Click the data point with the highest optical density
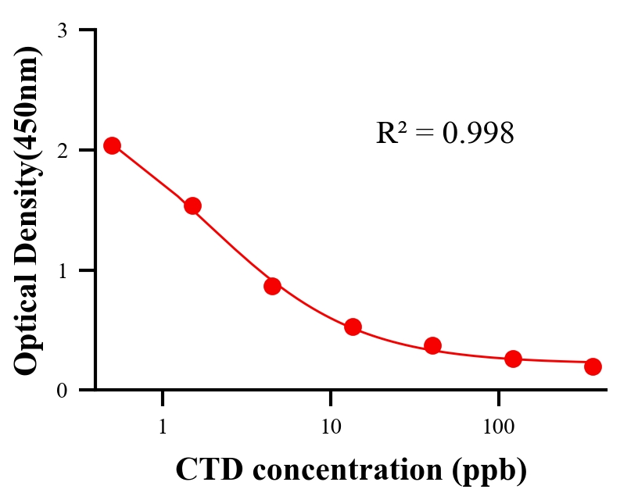click(112, 145)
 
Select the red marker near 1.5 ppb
click(192, 205)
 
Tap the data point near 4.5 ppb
click(272, 286)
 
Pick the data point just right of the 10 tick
click(353, 327)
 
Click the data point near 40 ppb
click(432, 345)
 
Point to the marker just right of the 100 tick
click(513, 359)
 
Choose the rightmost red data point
click(593, 366)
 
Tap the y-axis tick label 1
click(62, 270)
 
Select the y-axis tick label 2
click(62, 150)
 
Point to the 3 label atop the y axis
click(62, 30)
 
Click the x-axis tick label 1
click(163, 427)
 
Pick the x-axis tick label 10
click(331, 427)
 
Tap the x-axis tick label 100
click(498, 427)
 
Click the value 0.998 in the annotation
click(478, 134)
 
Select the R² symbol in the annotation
click(390, 133)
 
